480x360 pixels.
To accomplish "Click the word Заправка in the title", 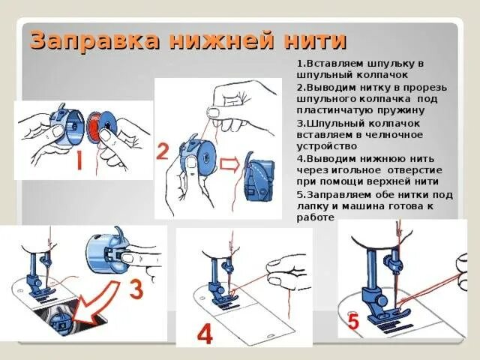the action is (x=94, y=40).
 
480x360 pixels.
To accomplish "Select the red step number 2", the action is (x=163, y=152).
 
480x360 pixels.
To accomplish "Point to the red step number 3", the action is (x=136, y=290).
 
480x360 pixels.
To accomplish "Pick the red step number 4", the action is (x=205, y=334).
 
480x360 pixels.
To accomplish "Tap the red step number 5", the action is (x=353, y=322).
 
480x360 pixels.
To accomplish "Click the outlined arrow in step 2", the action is (x=229, y=165).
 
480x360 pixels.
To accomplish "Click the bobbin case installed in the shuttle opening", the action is (x=59, y=320).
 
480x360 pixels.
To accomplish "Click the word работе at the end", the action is (x=315, y=217).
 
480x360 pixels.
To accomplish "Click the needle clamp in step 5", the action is (x=395, y=264).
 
